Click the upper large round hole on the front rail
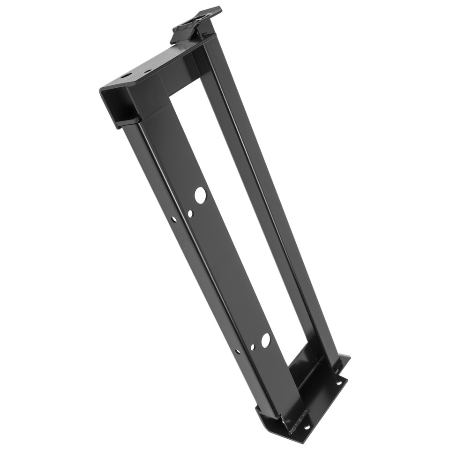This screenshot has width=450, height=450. tap(200, 195)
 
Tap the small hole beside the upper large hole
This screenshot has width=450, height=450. tap(190, 213)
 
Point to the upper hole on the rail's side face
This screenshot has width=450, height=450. tap(174, 219)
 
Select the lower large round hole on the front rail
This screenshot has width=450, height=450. tap(266, 340)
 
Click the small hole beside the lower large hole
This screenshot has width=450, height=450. tap(253, 347)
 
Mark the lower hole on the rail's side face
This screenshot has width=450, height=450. tap(238, 351)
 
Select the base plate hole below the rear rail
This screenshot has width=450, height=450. tap(338, 383)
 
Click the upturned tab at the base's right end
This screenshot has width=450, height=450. tap(345, 360)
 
